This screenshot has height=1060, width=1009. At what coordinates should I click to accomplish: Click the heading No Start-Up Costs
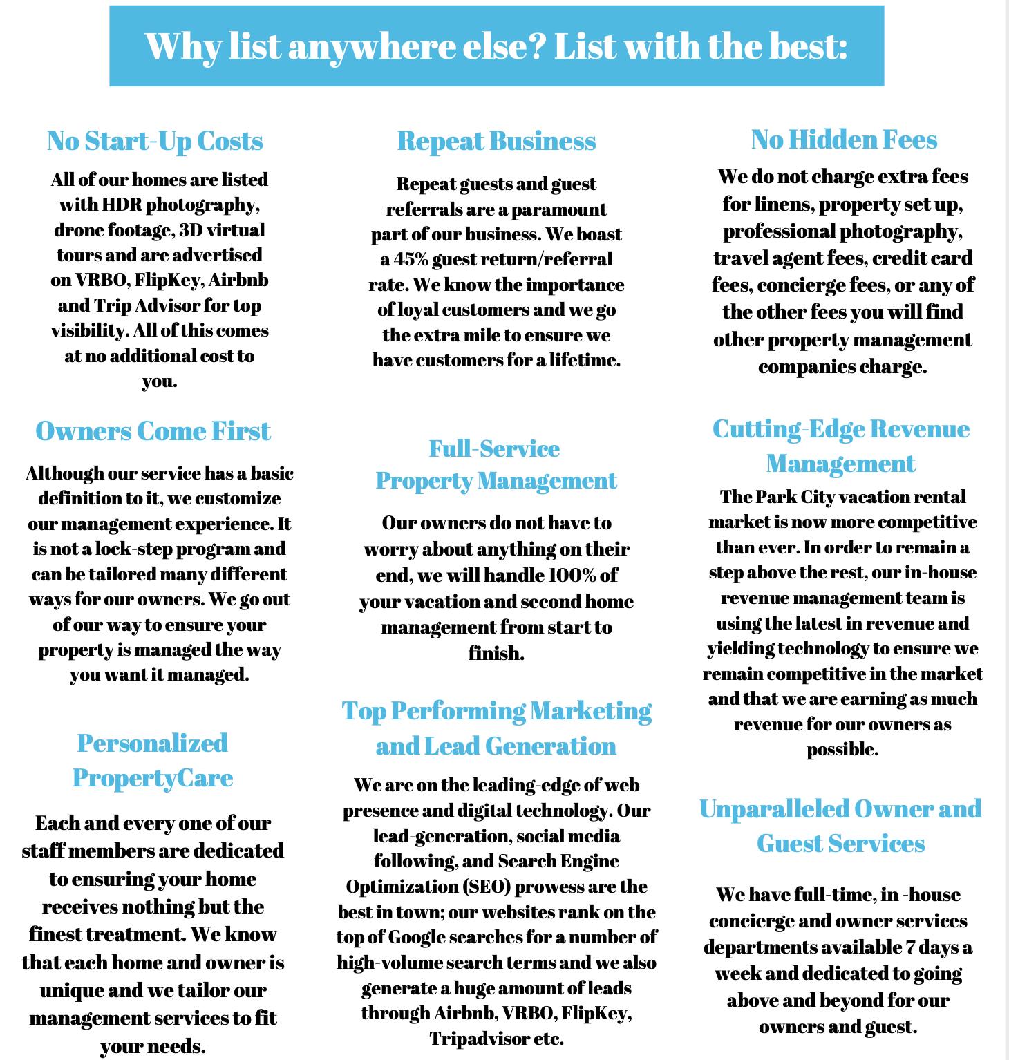pyautogui.click(x=155, y=141)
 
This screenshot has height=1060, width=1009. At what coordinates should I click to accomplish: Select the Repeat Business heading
pyautogui.click(x=496, y=141)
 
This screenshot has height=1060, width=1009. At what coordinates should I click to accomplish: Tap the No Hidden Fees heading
pyautogui.click(x=844, y=140)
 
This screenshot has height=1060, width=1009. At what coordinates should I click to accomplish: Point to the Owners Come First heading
pyautogui.click(x=153, y=431)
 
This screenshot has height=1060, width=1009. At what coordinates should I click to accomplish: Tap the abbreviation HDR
pyautogui.click(x=122, y=205)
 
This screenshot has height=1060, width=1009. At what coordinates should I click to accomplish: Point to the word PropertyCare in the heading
pyautogui.click(x=153, y=778)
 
